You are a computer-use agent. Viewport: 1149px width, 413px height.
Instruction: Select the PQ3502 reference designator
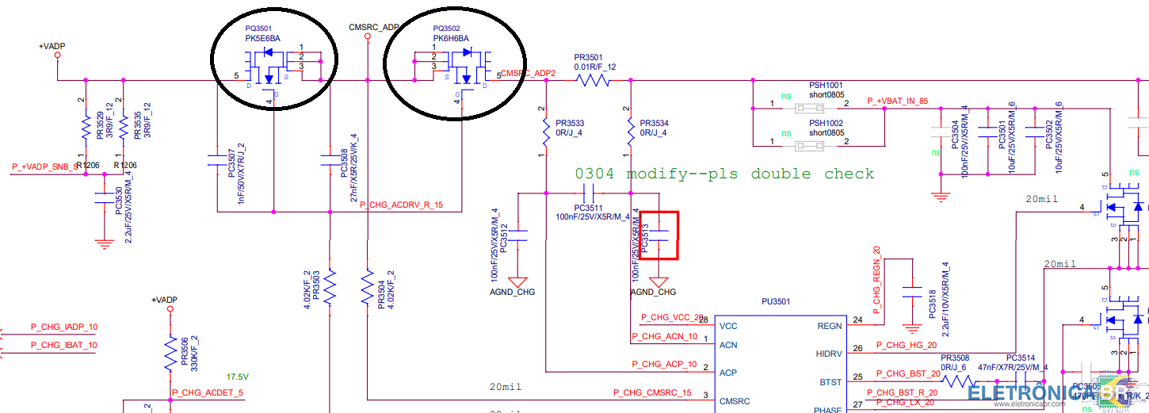pyautogui.click(x=446, y=28)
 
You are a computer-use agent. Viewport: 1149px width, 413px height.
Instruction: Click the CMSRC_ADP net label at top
pyautogui.click(x=374, y=27)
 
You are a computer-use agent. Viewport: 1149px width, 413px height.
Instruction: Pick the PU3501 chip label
pyautogui.click(x=776, y=301)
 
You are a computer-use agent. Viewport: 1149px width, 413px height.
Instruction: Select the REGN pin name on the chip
pyautogui.click(x=829, y=326)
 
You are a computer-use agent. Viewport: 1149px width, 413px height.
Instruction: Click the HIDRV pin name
pyautogui.click(x=828, y=354)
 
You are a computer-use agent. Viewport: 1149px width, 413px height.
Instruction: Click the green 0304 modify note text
pyautogui.click(x=724, y=174)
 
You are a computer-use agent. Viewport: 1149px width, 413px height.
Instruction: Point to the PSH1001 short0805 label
pyautogui.click(x=826, y=90)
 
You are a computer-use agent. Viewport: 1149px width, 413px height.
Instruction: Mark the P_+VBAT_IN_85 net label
pyautogui.click(x=897, y=101)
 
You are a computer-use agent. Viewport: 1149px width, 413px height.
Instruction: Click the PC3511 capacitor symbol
pyautogui.click(x=589, y=193)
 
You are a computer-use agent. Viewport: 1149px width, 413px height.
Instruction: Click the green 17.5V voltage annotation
pyautogui.click(x=238, y=377)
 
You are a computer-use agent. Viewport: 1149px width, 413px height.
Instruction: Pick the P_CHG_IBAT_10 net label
pyautogui.click(x=63, y=345)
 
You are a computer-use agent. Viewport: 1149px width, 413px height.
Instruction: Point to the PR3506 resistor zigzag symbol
pyautogui.click(x=170, y=354)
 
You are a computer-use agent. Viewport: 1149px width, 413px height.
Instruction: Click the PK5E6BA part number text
pyautogui.click(x=262, y=38)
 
